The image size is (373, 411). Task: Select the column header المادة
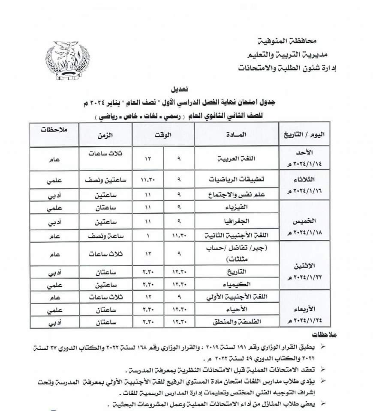pos(236,134)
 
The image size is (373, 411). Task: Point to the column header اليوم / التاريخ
pos(308,134)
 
